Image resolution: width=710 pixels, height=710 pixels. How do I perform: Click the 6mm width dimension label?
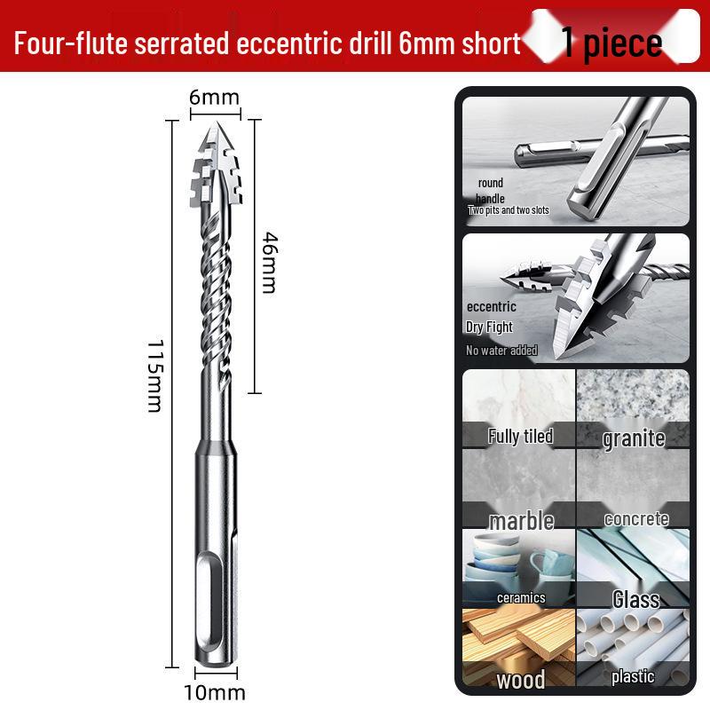214,98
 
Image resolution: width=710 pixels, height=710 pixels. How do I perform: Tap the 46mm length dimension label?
270,263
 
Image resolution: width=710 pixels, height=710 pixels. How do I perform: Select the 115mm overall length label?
155,375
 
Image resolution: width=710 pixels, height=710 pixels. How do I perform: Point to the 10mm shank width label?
215,693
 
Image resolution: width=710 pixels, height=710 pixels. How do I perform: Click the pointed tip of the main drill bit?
216,122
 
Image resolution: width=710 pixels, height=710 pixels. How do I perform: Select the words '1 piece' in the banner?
611,43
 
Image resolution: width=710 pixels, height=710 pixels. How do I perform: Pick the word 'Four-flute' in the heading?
71,43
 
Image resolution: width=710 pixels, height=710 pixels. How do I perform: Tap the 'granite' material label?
634,438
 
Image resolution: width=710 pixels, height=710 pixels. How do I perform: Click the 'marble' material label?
522,521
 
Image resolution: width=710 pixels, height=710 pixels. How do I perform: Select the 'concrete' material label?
636,519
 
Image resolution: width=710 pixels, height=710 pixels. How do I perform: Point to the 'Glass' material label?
635,600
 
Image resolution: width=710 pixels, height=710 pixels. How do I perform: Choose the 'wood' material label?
521,680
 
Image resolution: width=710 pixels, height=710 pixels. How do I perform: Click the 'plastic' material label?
633,676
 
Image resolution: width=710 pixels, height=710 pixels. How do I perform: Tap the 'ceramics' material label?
521,597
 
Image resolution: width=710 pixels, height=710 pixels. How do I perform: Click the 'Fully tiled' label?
520,436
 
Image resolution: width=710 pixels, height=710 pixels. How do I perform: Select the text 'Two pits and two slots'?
508,210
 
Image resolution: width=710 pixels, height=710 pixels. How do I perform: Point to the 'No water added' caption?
501,350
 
